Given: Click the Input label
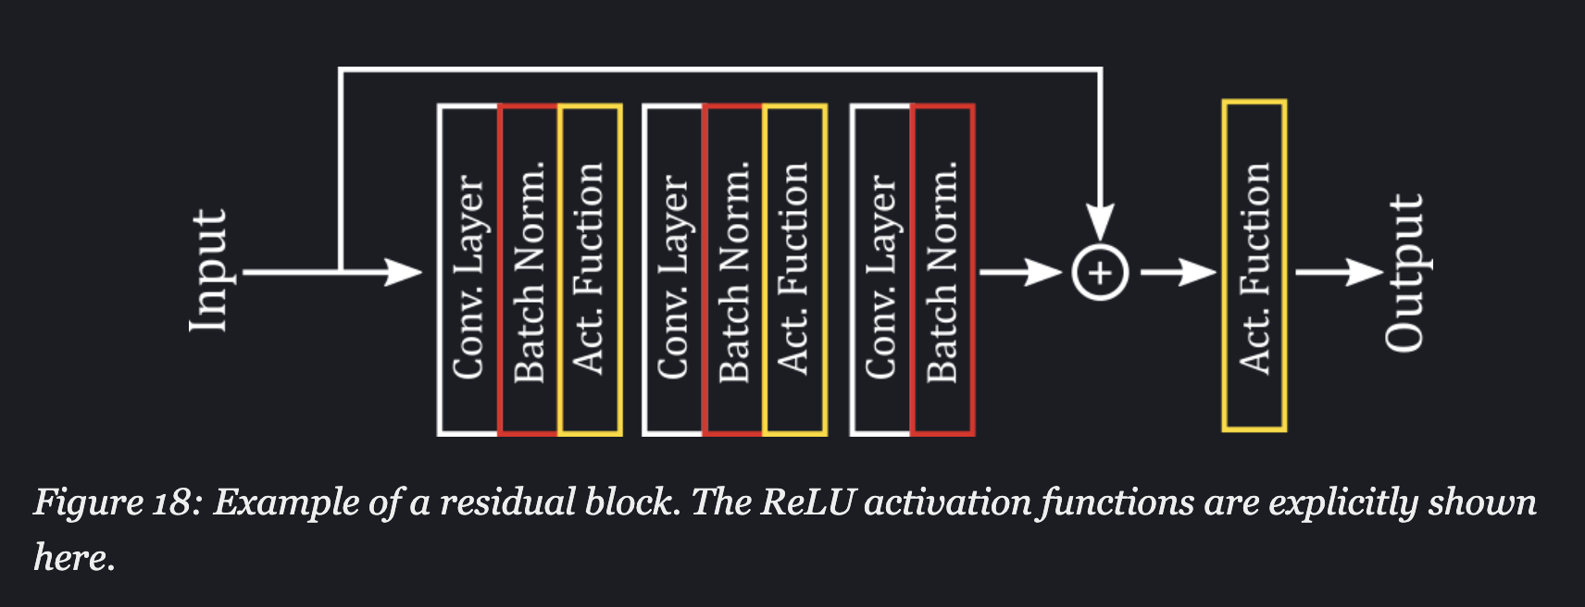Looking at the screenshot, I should pos(208,270).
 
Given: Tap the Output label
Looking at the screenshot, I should pos(1404,272).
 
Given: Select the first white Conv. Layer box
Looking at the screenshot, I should pos(468,270).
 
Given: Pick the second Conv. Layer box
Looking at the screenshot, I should pos(673,270).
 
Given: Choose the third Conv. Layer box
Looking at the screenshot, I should pos(880,270).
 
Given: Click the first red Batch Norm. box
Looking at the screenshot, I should pos(529,270).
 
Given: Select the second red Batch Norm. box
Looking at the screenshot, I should pos(733,270).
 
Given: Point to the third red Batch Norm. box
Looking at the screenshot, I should pos(942,270).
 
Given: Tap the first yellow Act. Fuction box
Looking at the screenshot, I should pos(590,270).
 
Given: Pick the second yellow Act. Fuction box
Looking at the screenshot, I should pos(794,270).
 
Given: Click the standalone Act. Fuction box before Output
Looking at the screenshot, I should pos(1254,266).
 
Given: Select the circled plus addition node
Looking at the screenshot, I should pos(1100,273).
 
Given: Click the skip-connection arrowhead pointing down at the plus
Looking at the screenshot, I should pos(1100,223).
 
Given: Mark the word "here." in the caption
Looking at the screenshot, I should pos(74,558).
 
